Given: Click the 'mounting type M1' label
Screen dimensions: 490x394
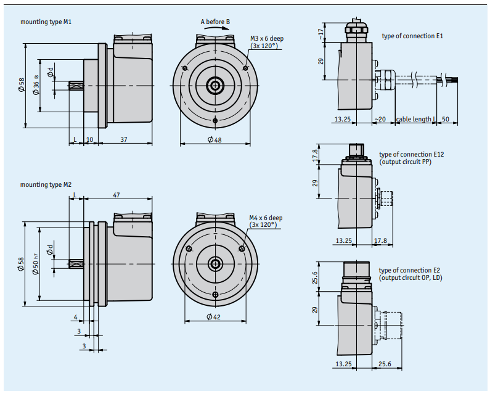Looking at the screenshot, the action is tap(46, 22).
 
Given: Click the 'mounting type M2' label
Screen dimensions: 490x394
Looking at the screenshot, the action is tap(46, 184).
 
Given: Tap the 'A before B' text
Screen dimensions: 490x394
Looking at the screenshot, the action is tap(215, 22).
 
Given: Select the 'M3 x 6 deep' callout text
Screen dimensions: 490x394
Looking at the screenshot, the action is tap(267, 38).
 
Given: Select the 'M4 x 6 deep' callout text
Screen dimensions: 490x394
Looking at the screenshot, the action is tap(266, 218).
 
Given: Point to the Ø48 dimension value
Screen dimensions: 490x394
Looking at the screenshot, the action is tap(214, 140).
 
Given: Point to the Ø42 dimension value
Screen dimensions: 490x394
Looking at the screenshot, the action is tap(214, 317).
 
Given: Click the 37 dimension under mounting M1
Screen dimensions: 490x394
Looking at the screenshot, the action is tap(124, 139).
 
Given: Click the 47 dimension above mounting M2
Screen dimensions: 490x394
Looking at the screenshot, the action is tap(116, 195).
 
